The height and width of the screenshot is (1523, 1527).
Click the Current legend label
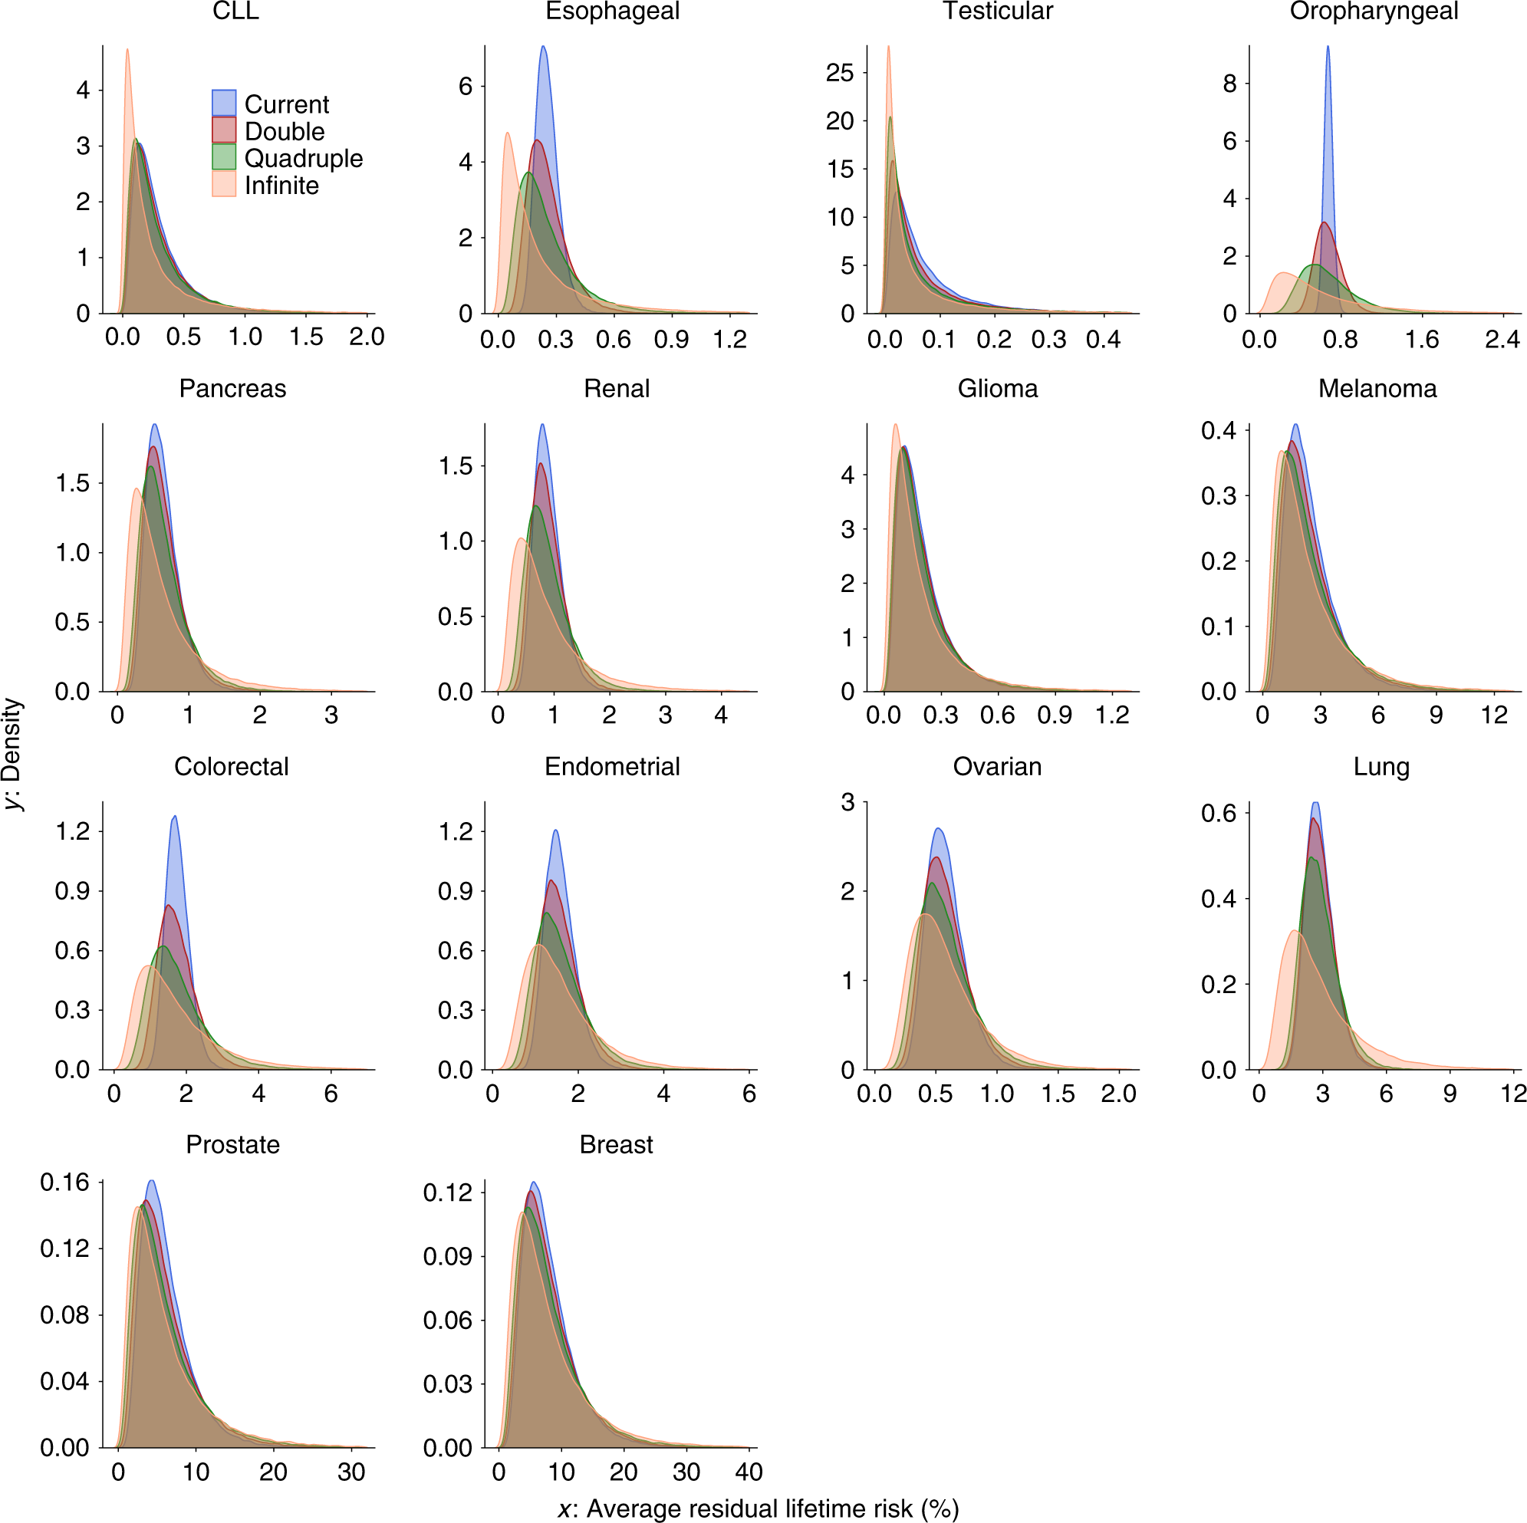pos(286,104)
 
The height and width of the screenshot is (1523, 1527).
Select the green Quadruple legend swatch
pos(224,157)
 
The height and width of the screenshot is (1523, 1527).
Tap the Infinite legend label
pos(281,186)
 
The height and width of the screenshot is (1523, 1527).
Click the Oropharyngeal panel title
pos(1374,11)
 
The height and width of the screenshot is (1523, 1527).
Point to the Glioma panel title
pos(998,389)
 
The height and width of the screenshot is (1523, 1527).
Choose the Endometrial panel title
pos(613,767)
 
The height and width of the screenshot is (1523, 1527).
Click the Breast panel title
pos(616,1144)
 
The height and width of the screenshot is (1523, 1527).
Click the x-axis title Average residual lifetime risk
pos(758,1508)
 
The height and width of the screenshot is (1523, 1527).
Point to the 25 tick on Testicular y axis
pos(840,73)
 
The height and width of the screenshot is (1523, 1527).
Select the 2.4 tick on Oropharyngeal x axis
pos(1502,340)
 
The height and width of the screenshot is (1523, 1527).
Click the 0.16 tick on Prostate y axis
pos(65,1183)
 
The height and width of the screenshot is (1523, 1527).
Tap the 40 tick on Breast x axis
pos(749,1472)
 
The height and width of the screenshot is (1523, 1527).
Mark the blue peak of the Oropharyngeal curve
pos(1328,48)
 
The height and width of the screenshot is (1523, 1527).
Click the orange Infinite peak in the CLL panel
pos(127,50)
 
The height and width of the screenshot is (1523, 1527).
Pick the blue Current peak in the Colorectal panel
pos(175,817)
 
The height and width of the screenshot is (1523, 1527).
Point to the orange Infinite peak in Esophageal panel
pos(507,133)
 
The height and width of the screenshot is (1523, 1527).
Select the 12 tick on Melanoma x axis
pos(1494,715)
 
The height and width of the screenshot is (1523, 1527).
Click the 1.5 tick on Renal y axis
pos(456,465)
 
